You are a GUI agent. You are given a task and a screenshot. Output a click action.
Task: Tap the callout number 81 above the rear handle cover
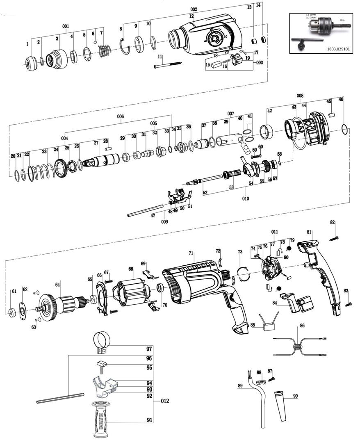[309, 232]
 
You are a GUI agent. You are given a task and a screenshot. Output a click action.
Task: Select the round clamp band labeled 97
[102, 342]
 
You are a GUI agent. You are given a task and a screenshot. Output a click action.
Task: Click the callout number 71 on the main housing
[191, 254]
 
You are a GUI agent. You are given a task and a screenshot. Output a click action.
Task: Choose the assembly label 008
[300, 96]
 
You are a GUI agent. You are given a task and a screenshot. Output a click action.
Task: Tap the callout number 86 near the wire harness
[302, 326]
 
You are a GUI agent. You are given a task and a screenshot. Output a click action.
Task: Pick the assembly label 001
[66, 26]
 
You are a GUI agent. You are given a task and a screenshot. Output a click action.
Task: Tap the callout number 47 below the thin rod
[153, 215]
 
